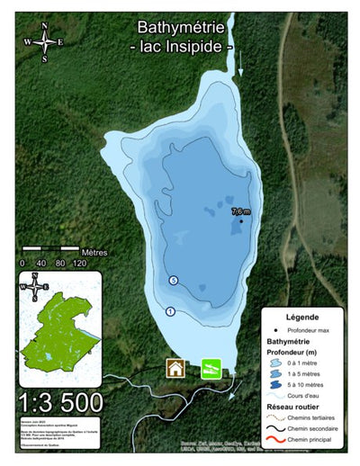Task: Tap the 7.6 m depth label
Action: (241, 211)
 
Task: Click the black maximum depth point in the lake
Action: (241, 220)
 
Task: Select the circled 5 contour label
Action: (173, 282)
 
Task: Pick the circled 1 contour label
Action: (170, 311)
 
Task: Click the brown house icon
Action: (175, 367)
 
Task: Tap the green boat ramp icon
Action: (210, 367)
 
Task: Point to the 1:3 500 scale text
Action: (59, 401)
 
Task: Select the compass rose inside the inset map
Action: (34, 287)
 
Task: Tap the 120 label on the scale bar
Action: (79, 264)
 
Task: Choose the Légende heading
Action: (302, 318)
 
